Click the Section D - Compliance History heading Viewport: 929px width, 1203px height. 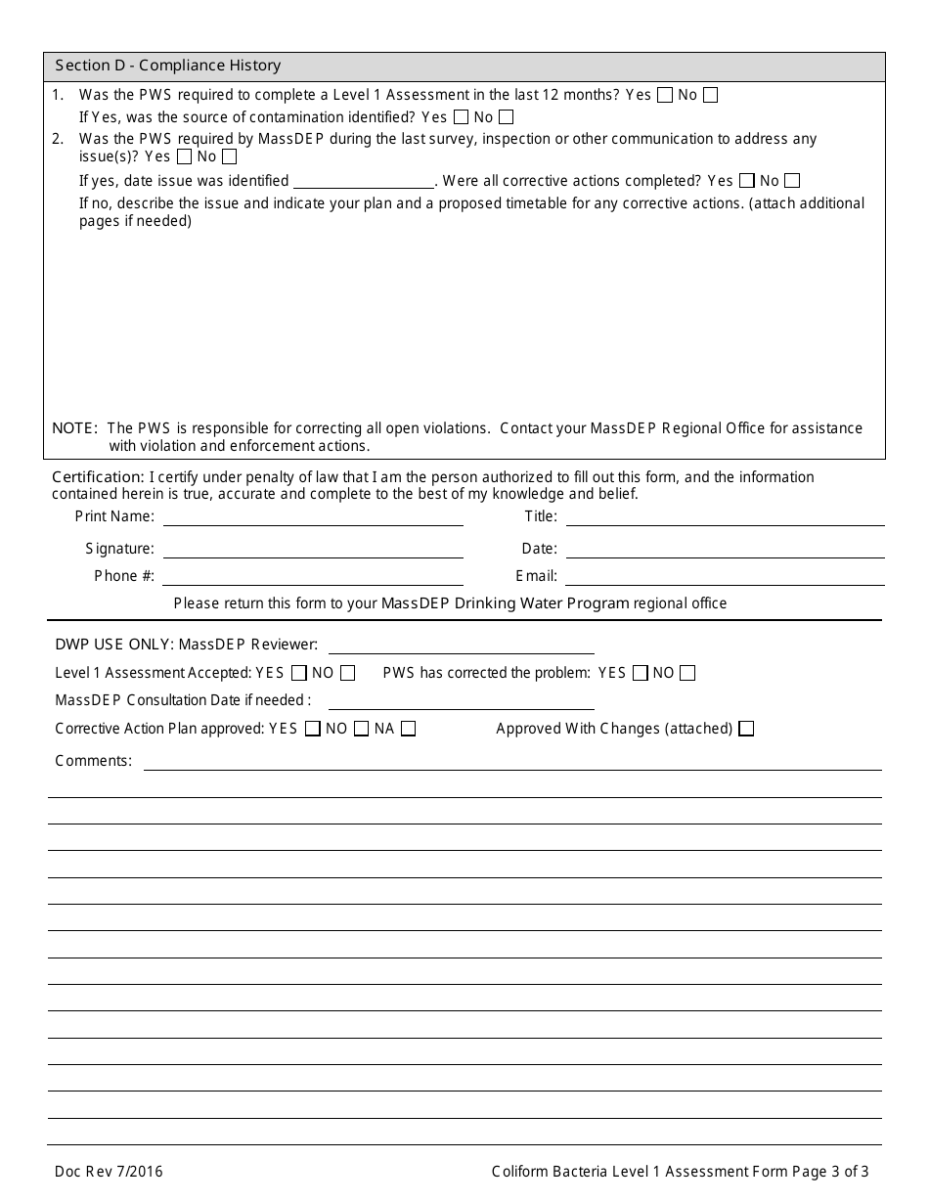click(167, 66)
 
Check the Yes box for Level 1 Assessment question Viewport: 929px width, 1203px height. click(665, 95)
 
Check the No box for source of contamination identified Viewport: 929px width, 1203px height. click(506, 117)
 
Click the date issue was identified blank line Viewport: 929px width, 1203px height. click(364, 182)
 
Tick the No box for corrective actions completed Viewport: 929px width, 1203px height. click(792, 181)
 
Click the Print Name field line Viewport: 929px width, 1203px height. click(313, 518)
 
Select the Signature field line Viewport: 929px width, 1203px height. click(313, 551)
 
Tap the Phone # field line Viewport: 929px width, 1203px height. click(313, 578)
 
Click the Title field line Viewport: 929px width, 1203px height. click(725, 518)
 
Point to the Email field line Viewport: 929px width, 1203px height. click(725, 578)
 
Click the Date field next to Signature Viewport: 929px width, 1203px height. click(725, 551)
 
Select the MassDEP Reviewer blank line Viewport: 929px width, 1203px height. click(461, 646)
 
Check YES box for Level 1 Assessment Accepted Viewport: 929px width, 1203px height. click(299, 673)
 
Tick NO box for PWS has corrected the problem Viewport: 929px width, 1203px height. click(687, 673)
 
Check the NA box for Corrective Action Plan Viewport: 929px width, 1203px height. click(409, 729)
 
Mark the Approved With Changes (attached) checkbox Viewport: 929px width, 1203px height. click(747, 729)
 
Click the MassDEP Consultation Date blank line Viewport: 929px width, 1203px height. click(461, 702)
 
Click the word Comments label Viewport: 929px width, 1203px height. click(93, 761)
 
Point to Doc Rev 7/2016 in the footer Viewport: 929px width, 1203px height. click(109, 1172)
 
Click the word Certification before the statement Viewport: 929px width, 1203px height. click(98, 477)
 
